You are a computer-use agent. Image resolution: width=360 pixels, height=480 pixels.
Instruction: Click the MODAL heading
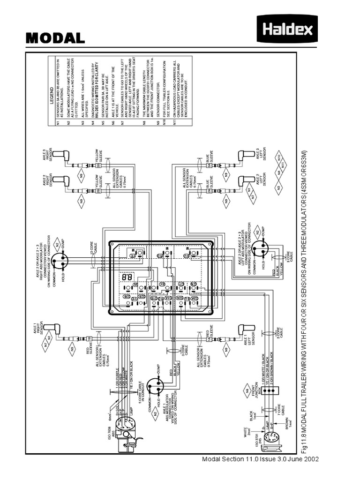(55, 38)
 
